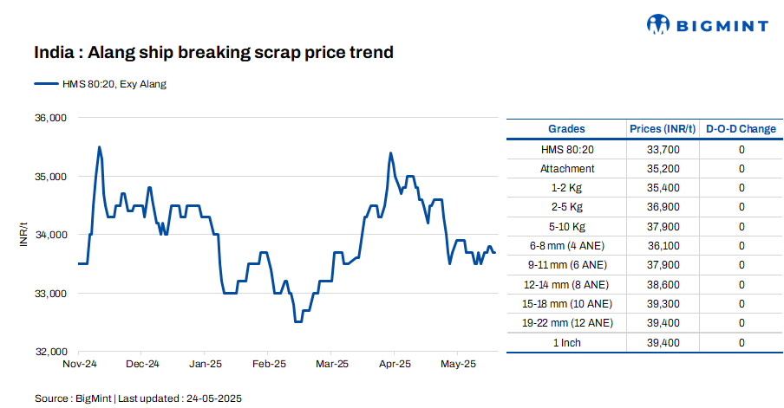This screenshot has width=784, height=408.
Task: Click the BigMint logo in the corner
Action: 708,25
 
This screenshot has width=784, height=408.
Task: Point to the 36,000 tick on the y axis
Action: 50,118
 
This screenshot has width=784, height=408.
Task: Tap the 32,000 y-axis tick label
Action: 50,353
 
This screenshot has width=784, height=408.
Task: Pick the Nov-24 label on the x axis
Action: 79,365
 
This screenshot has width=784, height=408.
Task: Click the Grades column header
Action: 567,129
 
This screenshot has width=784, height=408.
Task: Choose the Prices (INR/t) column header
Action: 663,129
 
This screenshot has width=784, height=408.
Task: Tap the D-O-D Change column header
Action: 741,129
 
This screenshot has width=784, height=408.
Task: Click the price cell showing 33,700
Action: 663,150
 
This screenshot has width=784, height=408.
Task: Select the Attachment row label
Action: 567,169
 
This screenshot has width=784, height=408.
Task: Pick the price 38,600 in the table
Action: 663,284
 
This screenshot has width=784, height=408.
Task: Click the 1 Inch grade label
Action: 567,343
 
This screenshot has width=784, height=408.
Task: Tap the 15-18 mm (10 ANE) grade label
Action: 567,304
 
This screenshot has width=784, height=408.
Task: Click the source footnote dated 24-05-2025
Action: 138,398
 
